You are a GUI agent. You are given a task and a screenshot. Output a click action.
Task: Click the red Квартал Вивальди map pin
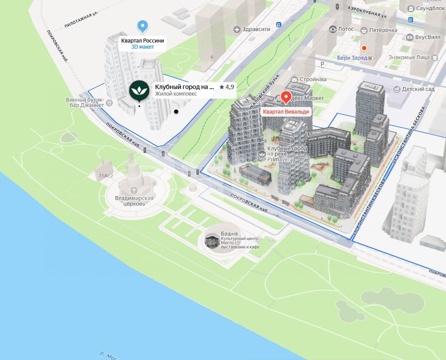click(286, 97)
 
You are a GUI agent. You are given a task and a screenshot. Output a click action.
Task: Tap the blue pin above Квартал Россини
click(142, 26)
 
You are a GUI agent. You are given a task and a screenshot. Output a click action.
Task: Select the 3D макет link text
click(143, 47)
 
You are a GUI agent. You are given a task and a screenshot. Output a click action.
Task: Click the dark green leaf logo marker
click(139, 90)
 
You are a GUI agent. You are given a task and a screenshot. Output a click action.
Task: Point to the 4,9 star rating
click(227, 87)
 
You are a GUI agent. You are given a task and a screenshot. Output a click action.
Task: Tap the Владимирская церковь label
click(134, 201)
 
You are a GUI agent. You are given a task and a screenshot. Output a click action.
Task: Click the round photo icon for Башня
click(212, 241)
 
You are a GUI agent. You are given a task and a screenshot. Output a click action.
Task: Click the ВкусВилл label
click(428, 38)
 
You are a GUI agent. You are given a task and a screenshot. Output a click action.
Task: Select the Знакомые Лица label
click(409, 57)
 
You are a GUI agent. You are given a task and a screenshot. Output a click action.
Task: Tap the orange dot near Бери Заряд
click(363, 48)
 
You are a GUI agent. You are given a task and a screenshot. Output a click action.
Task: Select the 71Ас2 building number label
click(105, 175)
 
